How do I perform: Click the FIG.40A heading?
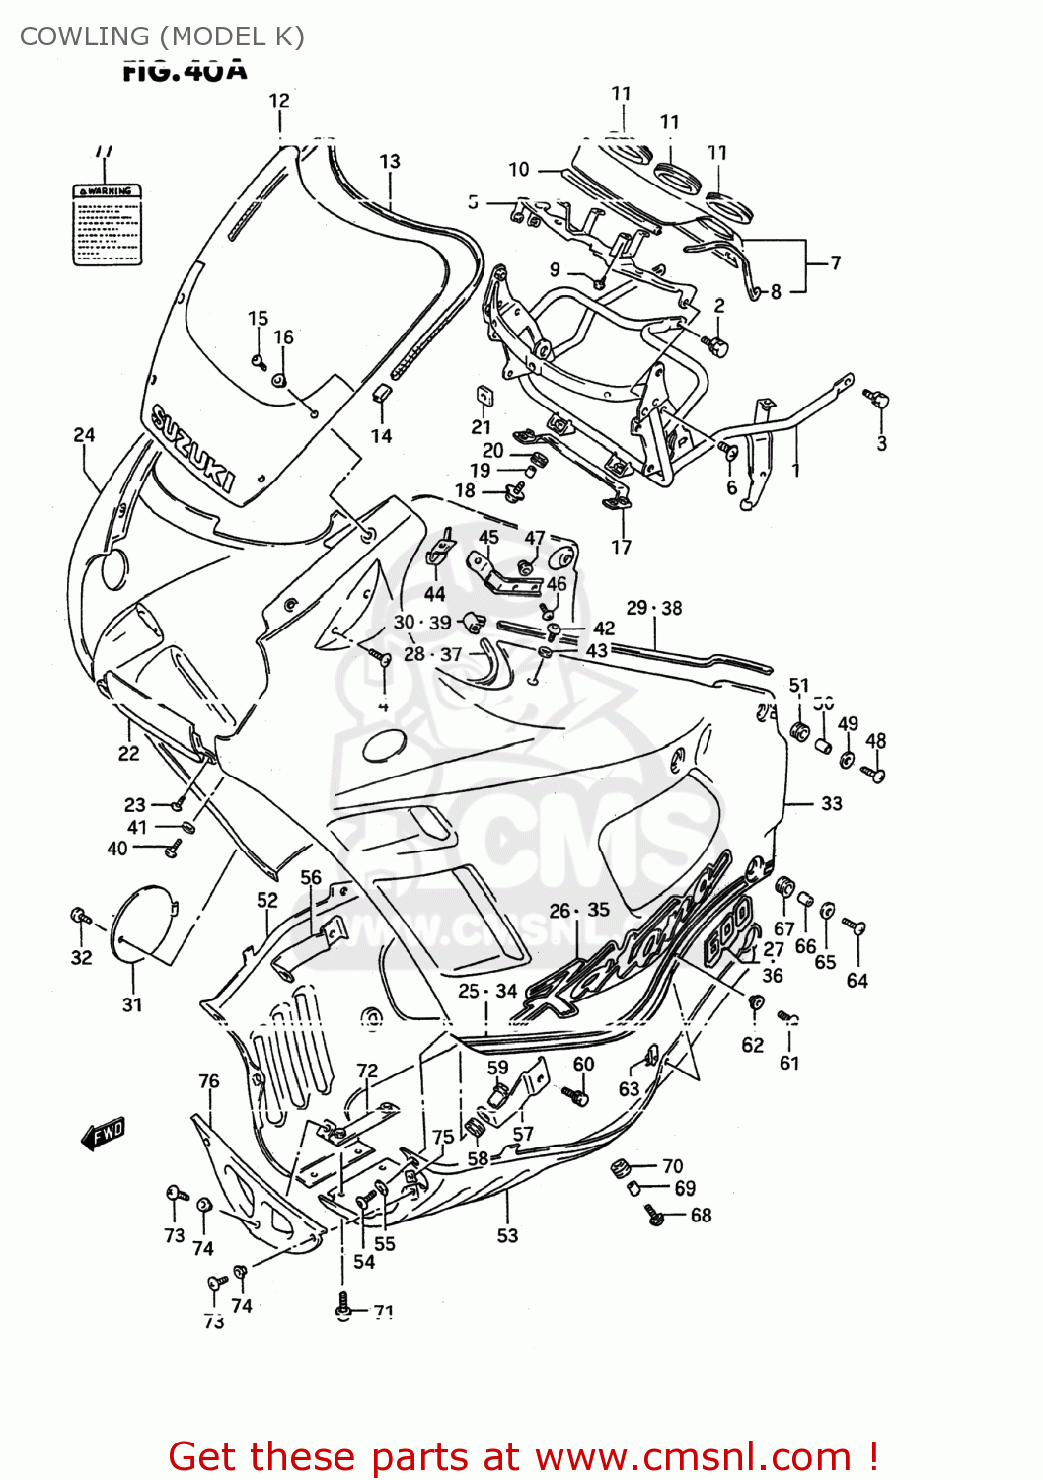pyautogui.click(x=185, y=71)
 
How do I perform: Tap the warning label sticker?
pyautogui.click(x=108, y=224)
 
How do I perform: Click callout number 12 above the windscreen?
pyautogui.click(x=279, y=100)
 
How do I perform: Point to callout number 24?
pyautogui.click(x=84, y=434)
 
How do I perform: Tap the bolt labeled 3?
pyautogui.click(x=876, y=399)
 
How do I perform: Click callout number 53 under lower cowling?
pyautogui.click(x=507, y=1235)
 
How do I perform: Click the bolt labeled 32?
pyautogui.click(x=79, y=917)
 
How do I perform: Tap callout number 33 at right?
pyautogui.click(x=831, y=803)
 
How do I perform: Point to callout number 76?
pyautogui.click(x=208, y=1081)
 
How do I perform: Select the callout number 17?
pyautogui.click(x=621, y=547)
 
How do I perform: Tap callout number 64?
pyautogui.click(x=857, y=980)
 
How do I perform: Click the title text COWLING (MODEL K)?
pyautogui.click(x=162, y=37)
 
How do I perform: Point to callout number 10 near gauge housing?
pyautogui.click(x=519, y=170)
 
